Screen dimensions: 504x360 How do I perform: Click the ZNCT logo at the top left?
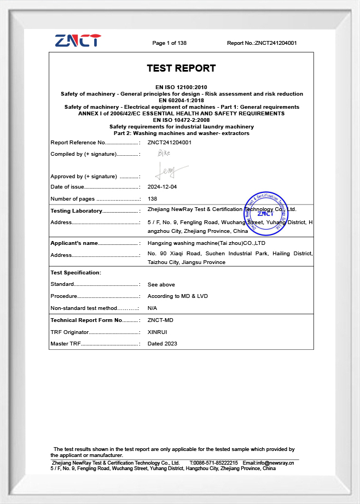[x=78, y=40]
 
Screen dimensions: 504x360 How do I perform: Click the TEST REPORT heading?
[x=181, y=68]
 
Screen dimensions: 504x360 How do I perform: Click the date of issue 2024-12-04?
[x=162, y=187]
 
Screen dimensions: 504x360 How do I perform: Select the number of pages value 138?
[x=153, y=199]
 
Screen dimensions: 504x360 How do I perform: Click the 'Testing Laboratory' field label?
[x=76, y=211]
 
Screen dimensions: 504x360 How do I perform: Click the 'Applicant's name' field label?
[x=74, y=243]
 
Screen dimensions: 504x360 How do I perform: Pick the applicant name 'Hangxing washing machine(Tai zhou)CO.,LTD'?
[x=206, y=243]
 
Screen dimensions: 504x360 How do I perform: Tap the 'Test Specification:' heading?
[x=76, y=272]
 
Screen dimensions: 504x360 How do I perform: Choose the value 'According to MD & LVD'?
[x=178, y=296]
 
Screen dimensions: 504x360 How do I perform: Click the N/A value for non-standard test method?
[x=153, y=308]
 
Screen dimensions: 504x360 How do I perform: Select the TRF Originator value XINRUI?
[x=158, y=332]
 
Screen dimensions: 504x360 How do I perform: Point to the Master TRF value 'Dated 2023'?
[x=162, y=344]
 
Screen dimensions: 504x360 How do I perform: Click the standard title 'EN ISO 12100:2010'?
[x=181, y=87]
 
